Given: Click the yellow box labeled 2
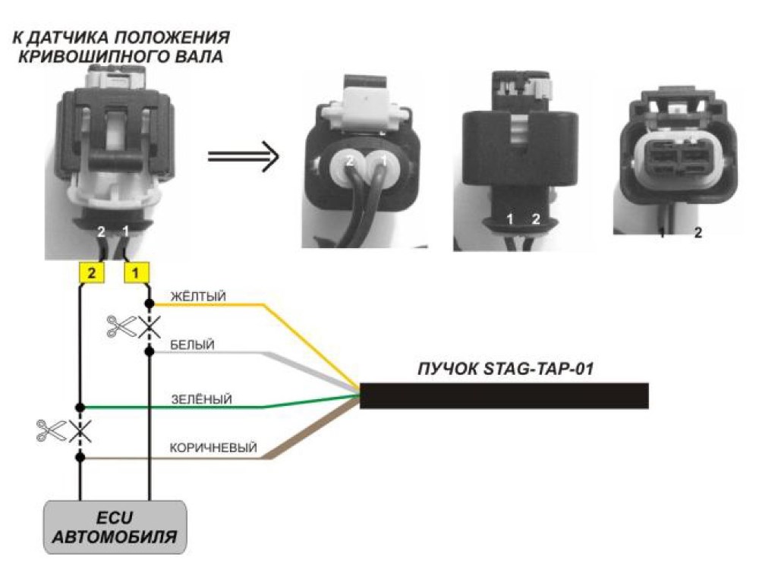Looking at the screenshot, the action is (x=91, y=273).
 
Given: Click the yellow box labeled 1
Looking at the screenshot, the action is (x=137, y=273).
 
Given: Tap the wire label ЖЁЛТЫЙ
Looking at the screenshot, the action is (x=198, y=296).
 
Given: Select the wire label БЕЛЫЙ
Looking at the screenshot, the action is (x=192, y=345).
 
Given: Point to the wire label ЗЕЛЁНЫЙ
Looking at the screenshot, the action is (x=201, y=399).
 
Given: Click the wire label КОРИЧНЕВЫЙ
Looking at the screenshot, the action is (x=213, y=448).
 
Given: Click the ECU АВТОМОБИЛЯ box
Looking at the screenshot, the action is (x=115, y=527).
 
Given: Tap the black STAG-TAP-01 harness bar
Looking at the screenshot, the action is (x=504, y=396).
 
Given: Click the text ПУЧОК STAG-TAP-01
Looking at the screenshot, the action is (x=505, y=369).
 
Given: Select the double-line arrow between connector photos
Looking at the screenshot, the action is (x=244, y=156).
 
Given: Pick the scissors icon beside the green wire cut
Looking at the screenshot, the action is (x=51, y=430).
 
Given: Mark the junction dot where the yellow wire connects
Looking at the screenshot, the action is (x=150, y=303).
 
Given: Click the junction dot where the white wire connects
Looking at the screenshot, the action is (x=150, y=352).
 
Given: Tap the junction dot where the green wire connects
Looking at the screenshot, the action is (x=80, y=408).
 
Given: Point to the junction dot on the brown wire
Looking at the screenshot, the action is (x=80, y=457).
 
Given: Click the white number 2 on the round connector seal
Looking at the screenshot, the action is (x=350, y=161).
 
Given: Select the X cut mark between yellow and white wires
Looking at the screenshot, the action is (x=150, y=328).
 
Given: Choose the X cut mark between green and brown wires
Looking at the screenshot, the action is (x=80, y=432).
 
